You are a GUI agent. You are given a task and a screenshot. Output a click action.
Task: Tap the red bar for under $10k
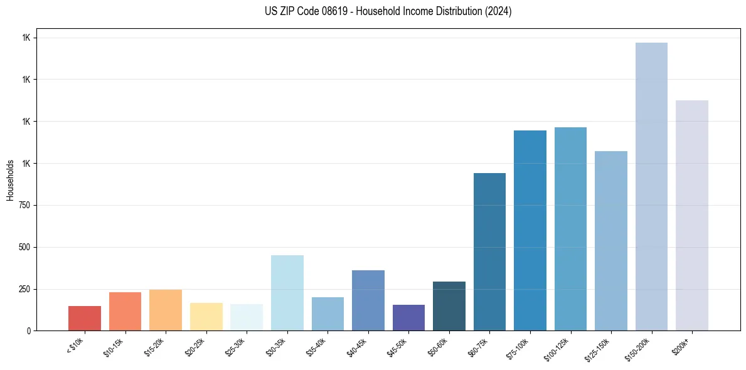85,318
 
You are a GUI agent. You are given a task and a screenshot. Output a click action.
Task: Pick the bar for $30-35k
287,293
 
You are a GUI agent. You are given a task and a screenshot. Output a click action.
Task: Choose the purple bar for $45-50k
408,317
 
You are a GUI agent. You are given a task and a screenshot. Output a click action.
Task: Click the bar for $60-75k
489,251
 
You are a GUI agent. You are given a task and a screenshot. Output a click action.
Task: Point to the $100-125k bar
570,229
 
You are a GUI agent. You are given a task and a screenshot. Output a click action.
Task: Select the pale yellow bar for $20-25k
206,317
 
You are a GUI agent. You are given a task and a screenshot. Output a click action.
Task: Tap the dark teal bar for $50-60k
449,306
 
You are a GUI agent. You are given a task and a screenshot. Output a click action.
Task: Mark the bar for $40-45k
368,300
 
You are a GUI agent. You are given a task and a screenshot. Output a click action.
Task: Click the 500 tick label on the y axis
26,247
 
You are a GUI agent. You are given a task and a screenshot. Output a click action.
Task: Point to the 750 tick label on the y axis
26,205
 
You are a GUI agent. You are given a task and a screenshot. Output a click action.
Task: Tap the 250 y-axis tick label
26,289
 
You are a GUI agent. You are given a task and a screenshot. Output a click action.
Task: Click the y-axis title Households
10,180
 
